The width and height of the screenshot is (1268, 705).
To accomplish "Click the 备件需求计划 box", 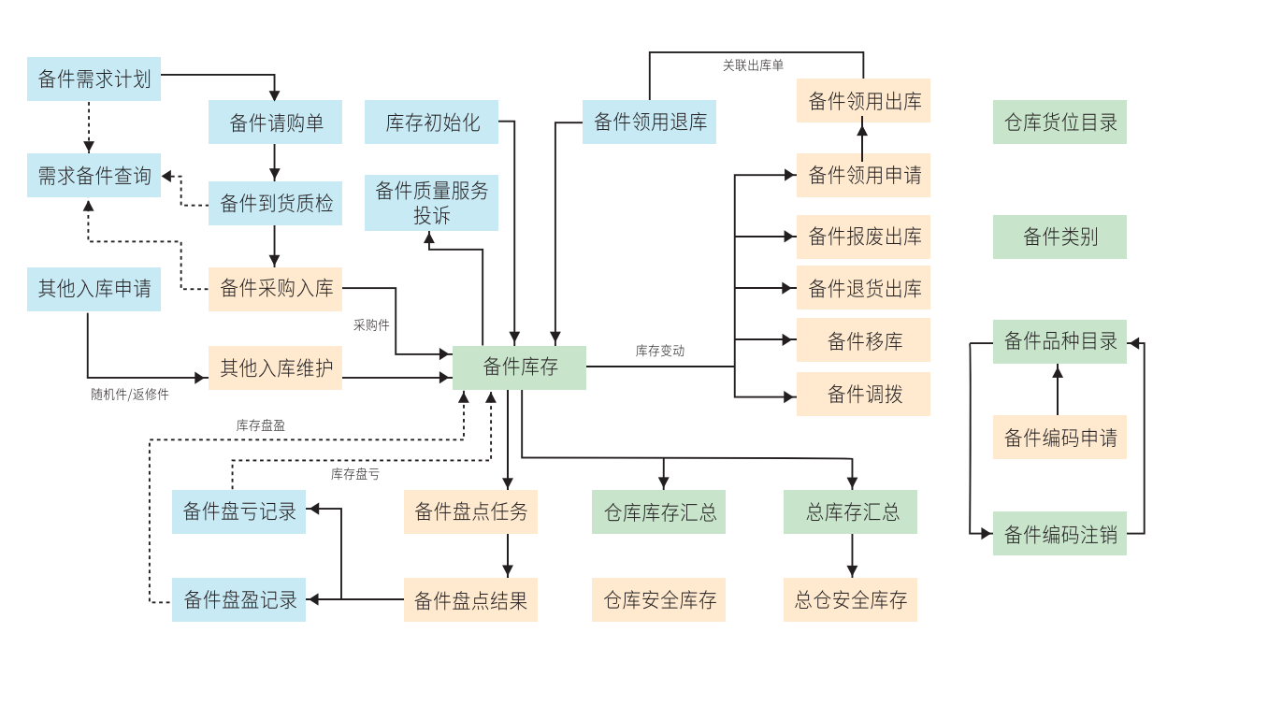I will tap(94, 79).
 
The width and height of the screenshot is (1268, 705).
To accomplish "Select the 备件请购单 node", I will tap(275, 122).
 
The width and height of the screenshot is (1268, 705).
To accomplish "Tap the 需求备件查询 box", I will tap(94, 175).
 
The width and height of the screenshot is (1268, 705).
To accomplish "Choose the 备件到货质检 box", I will tap(275, 203).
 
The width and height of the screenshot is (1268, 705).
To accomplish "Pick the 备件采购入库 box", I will tap(275, 288).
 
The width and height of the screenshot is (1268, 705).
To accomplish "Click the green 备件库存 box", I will tap(519, 367).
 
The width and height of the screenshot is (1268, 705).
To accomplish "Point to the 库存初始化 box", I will tap(431, 122).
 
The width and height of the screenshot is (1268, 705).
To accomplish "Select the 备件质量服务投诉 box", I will tap(431, 202).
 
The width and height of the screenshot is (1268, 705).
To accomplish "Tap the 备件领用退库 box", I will tap(649, 122).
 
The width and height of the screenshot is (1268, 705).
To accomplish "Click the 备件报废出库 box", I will tap(863, 237).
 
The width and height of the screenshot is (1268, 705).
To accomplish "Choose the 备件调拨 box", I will tap(863, 394).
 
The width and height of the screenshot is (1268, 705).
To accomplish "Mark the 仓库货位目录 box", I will tap(1059, 122).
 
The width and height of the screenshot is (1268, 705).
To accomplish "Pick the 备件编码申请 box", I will tap(1059, 437).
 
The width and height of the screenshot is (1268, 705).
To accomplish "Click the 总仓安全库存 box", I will tap(850, 599).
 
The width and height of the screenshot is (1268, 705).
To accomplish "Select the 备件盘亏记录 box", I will tap(238, 511).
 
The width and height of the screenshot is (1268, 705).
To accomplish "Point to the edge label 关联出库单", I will tap(753, 65).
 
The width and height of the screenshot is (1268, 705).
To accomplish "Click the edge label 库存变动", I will tap(660, 351).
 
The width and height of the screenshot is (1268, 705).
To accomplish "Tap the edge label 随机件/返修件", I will tap(130, 395).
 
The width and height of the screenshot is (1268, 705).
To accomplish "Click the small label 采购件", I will tap(371, 325).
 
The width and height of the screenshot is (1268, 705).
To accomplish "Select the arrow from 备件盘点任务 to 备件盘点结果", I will tap(508, 555).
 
